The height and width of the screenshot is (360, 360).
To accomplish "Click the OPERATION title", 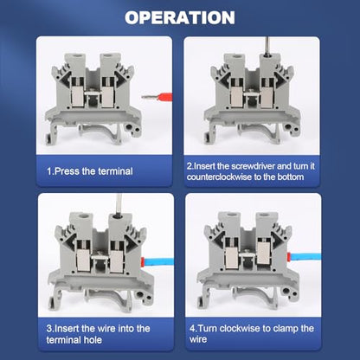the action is point(180,17).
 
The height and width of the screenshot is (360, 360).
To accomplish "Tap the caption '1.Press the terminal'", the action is point(90,171).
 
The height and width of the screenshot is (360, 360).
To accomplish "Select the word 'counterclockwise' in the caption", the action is point(219,177).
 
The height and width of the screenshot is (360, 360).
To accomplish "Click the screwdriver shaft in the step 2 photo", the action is point(267,46).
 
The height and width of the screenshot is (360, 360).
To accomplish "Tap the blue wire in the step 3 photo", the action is point(158,262).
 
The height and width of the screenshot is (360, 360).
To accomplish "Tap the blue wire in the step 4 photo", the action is point(305,256).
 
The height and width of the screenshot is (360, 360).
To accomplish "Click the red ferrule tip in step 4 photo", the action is point(288,256).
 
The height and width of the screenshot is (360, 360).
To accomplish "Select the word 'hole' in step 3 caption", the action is point(93,340).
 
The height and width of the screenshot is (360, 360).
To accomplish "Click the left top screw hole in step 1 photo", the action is point(71,56).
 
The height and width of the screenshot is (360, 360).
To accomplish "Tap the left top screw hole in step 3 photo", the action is point(80,215).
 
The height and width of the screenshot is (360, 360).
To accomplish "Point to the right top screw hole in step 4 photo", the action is point(262,215).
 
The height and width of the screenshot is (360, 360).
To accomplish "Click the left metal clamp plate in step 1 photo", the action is point(77,97).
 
